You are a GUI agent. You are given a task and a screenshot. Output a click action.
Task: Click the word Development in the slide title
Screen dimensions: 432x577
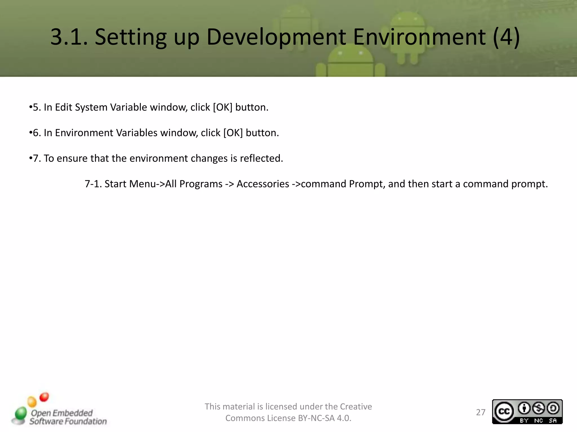(x=276, y=37)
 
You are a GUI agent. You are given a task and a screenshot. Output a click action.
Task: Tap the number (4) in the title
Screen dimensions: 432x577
(x=506, y=37)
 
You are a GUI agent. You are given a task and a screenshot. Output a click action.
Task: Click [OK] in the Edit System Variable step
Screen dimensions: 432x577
(x=223, y=107)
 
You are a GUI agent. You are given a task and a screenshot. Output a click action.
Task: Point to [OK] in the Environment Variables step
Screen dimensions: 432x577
(x=233, y=133)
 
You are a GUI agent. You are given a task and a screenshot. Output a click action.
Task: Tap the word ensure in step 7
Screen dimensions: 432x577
(x=72, y=158)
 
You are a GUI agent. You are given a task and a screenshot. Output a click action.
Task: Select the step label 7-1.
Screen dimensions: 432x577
(x=93, y=184)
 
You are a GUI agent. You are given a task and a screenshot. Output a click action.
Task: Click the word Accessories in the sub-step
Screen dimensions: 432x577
(x=263, y=184)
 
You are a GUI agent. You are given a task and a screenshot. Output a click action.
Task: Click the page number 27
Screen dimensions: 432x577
(x=481, y=412)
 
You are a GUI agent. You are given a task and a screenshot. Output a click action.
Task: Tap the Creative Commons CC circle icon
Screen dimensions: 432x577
(x=504, y=412)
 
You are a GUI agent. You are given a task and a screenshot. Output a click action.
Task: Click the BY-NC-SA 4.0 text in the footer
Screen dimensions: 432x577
(x=324, y=418)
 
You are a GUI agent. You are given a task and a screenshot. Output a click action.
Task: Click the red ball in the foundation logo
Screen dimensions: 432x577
(x=44, y=397)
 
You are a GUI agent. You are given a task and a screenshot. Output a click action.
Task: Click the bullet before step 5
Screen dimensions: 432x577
(x=30, y=107)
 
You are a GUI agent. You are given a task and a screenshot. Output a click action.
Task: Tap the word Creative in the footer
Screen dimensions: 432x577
(x=356, y=407)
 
